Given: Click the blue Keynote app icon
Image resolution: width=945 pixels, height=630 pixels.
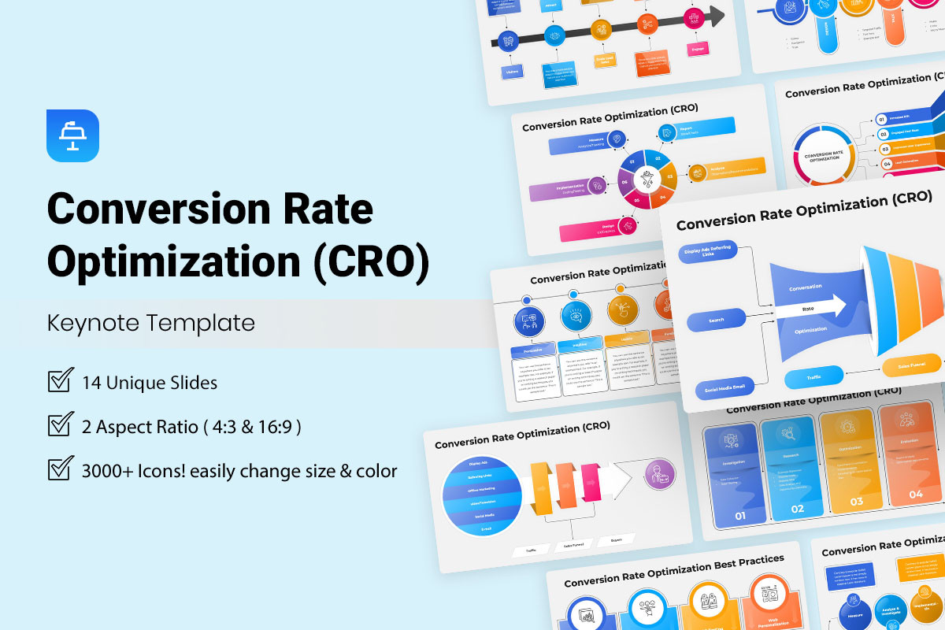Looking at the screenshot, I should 72,135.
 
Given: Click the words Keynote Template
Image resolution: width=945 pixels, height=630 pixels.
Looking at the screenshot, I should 151,323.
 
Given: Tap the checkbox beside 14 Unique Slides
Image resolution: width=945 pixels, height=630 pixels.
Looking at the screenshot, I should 61,381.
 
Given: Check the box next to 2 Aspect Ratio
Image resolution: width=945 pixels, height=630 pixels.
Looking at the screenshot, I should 61,425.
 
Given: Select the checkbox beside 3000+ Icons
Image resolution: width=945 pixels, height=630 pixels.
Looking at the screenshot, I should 61,469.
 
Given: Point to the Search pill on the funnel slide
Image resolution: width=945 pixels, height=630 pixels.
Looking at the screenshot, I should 717,321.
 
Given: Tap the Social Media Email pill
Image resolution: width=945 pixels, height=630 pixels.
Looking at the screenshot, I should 725,387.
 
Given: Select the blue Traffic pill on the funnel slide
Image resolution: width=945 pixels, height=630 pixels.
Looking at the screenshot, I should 813,378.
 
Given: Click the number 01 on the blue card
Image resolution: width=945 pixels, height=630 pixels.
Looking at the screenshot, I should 740,517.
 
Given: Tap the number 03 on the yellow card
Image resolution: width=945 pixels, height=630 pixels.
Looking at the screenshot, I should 856,501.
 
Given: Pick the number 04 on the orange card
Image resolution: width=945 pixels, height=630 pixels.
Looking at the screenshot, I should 915,494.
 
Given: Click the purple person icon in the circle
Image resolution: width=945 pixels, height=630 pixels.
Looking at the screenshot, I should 658,475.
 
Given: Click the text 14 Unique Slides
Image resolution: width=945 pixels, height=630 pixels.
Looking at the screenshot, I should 150,383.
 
